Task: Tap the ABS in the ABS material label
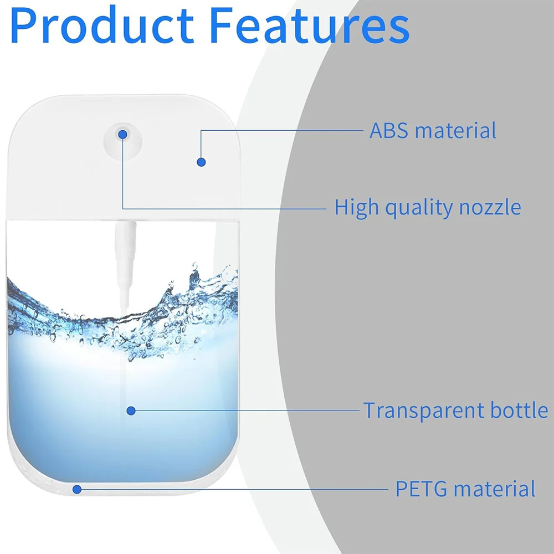(x=389, y=130)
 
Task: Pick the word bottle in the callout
(x=519, y=410)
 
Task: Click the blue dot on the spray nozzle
(x=122, y=134)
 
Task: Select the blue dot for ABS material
(x=201, y=162)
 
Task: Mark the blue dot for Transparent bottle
(x=131, y=411)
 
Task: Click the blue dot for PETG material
(x=77, y=489)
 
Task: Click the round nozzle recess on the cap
(x=123, y=142)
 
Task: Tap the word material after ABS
(x=455, y=130)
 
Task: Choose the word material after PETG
(x=495, y=489)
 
